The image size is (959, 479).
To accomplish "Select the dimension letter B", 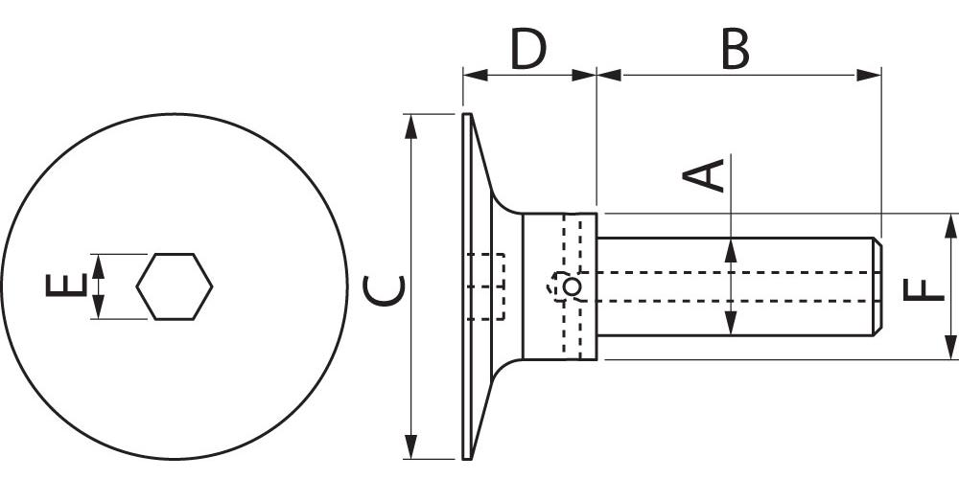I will pos(735,50).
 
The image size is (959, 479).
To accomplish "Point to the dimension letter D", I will pos(528,50).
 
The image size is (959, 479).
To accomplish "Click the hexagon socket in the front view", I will pos(174,285).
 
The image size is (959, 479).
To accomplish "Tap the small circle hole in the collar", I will pos(572,286).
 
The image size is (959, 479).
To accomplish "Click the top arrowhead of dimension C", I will pos(411,125).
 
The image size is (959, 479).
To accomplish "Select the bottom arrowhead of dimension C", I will pos(411,447).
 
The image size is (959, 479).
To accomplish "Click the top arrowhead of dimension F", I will pos(950,225).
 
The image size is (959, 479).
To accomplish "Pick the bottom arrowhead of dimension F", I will pos(950,348).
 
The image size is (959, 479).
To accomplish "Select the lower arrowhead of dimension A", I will pos(731,323).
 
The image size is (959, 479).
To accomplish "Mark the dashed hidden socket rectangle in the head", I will pos(486,286).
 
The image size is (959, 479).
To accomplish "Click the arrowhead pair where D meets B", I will pos(596,75).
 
